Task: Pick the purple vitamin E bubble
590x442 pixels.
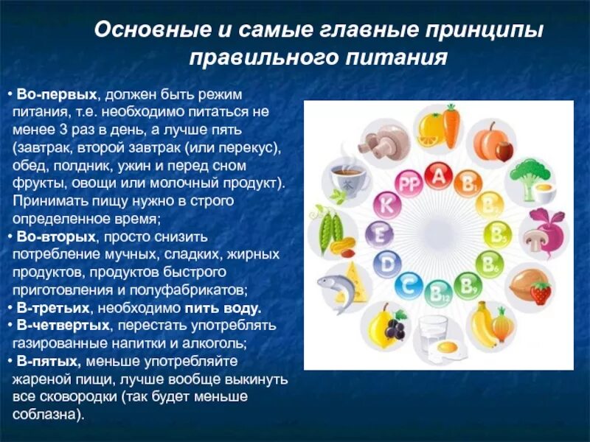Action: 378,234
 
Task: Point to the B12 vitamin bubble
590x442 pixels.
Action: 438,292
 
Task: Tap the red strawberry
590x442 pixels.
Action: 541,292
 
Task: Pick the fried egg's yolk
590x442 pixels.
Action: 447,345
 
